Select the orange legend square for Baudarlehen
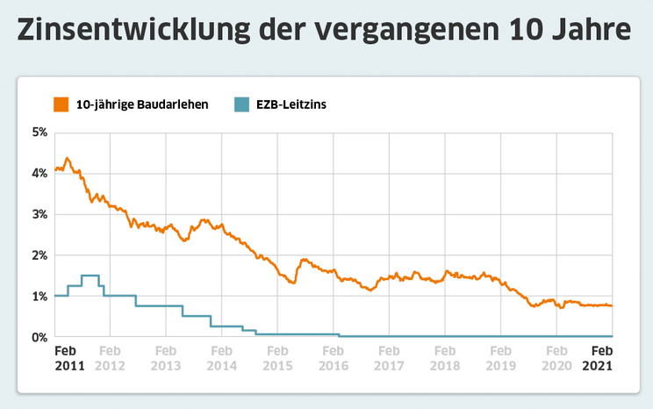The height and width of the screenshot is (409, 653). tap(61, 104)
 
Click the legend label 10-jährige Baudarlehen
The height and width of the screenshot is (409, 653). tap(141, 104)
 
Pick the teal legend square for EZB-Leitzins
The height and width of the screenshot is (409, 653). tap(242, 104)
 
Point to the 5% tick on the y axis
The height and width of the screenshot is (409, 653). tap(39, 133)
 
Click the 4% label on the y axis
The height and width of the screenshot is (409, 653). tap(39, 174)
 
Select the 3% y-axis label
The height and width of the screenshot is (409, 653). tap(39, 214)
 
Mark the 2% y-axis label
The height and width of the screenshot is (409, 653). tap(39, 255)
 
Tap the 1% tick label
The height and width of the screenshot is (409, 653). tap(39, 297)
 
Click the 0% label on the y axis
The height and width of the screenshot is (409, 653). tap(39, 337)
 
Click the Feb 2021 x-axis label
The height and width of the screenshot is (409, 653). tap(599, 358)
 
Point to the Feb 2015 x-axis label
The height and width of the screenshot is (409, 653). tap(277, 358)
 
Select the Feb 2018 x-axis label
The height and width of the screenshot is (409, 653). tap(445, 358)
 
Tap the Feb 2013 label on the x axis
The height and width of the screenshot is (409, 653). tap(166, 358)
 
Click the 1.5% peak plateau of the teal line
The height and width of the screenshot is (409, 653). tap(90, 276)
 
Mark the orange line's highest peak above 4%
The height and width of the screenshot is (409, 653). tap(68, 159)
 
